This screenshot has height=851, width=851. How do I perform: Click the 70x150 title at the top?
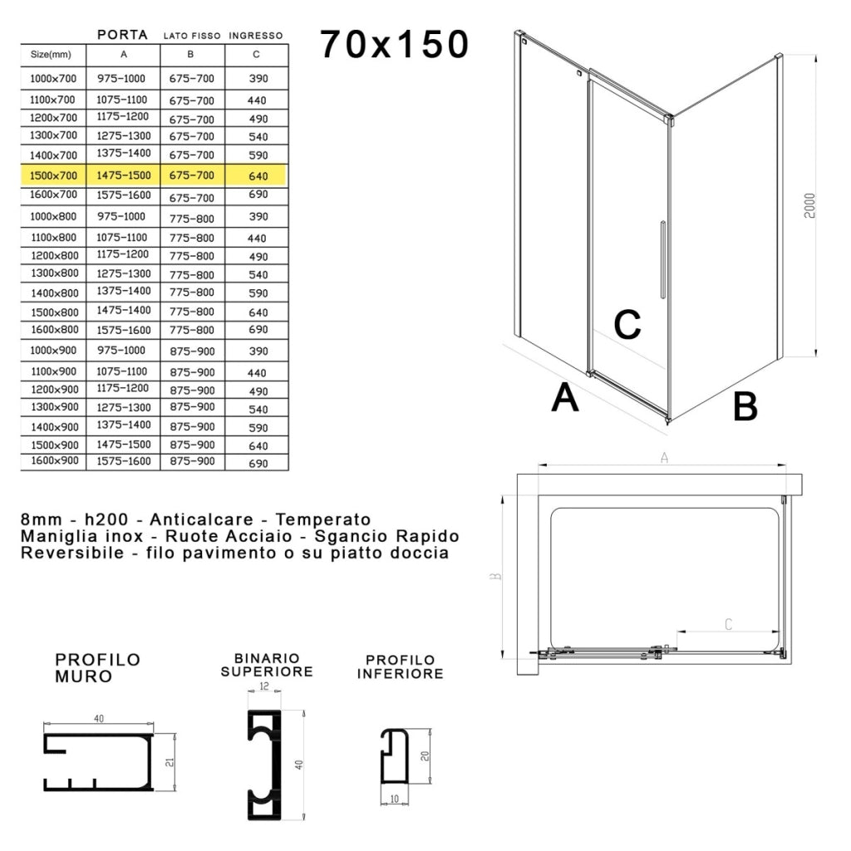point(394,45)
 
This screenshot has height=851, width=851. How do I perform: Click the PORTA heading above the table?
point(122,35)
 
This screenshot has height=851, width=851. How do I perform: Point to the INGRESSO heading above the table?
point(256,36)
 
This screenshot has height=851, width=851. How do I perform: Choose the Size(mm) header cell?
point(52,55)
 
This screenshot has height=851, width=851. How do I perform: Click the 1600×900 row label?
point(54,461)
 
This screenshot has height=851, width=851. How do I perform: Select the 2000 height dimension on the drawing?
point(810,205)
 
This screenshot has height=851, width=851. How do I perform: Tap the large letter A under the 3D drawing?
point(565,398)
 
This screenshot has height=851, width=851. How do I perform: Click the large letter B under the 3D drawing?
point(745,406)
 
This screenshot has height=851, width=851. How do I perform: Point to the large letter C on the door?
point(627,325)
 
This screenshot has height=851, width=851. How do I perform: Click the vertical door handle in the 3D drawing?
point(662,259)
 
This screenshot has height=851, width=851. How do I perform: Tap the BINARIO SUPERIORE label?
point(267,665)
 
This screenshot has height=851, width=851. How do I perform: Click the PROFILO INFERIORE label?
point(400,667)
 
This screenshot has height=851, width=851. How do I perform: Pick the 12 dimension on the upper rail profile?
point(264,686)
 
